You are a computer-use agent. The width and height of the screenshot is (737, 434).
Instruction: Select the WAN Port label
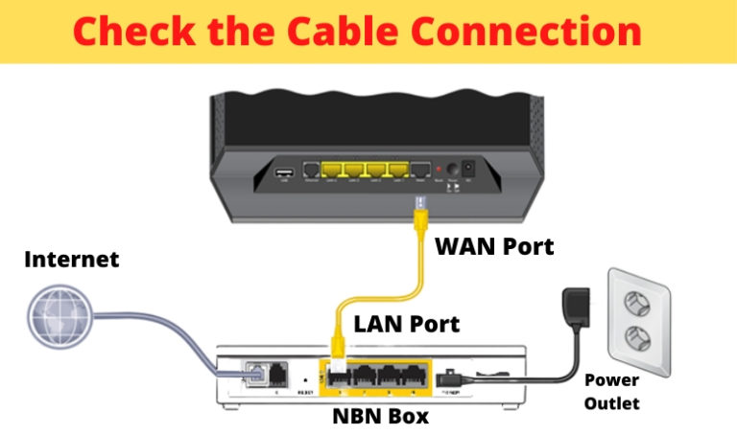(494, 245)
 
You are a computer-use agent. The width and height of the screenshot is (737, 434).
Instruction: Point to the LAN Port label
(407, 323)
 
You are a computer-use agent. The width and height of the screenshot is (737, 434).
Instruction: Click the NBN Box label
(375, 418)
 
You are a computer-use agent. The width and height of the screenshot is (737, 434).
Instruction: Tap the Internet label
(72, 259)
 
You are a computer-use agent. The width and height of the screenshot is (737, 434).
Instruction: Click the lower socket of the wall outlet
(634, 336)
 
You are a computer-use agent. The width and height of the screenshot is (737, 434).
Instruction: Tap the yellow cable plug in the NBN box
(337, 358)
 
